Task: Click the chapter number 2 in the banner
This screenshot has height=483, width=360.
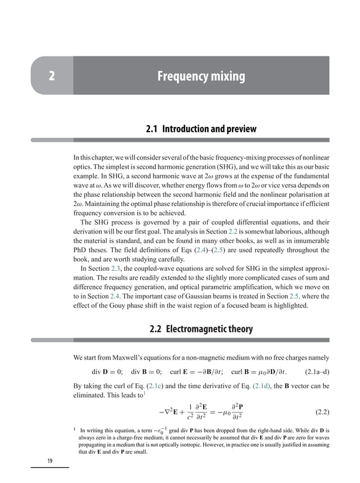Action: coord(51,76)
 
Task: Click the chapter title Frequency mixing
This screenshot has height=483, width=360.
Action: coord(201,76)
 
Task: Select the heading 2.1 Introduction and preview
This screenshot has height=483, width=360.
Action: coord(201,129)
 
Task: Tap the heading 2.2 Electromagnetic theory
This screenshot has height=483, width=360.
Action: coord(201,329)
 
